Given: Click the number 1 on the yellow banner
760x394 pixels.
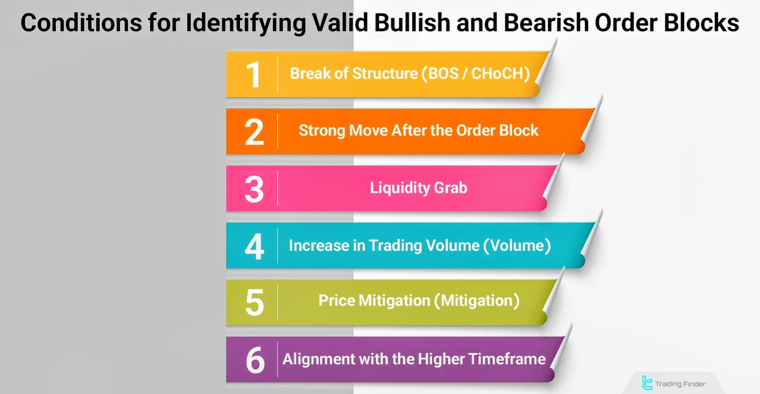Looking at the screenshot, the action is click(253, 74).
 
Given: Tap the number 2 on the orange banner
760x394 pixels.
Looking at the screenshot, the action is click(254, 132).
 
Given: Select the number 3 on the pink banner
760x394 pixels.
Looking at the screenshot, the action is click(254, 189).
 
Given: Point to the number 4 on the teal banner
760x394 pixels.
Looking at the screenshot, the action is click(254, 246).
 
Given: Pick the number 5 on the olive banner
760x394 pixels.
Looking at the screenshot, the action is click(255, 303).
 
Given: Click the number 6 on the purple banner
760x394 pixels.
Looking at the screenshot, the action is click(255, 360).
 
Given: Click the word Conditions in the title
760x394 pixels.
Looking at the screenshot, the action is click(81, 23).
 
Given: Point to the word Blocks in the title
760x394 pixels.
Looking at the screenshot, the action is click(701, 23).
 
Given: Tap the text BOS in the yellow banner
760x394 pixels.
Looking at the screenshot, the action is click(443, 74).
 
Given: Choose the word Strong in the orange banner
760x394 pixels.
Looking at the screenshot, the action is click(322, 131).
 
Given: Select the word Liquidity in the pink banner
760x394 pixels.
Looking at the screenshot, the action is click(400, 188).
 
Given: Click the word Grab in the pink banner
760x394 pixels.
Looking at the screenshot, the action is click(451, 188).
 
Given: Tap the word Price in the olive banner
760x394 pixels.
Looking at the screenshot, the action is click(337, 301).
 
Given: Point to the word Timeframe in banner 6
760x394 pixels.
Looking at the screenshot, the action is click(507, 359).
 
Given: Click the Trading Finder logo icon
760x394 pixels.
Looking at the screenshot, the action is click(647, 383).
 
